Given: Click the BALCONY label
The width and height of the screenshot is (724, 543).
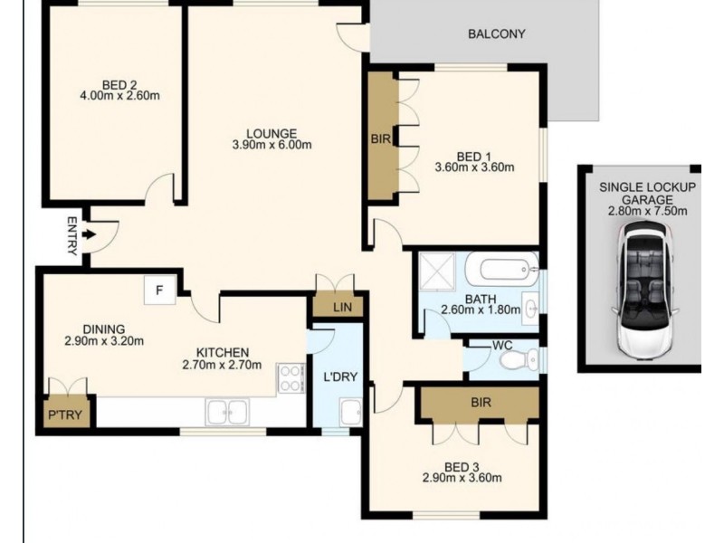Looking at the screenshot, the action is coord(496,34).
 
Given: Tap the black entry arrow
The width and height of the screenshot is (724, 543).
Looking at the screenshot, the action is coord(89,234).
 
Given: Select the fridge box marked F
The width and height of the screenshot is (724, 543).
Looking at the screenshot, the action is coord(160,290).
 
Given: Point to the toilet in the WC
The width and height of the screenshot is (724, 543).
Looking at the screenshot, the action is coord(519,359).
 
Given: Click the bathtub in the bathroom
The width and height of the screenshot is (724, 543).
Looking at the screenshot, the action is coord(502,269).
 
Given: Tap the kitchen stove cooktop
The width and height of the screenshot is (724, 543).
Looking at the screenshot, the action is coord(291,378).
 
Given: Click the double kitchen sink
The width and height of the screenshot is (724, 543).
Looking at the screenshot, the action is coord(227,412).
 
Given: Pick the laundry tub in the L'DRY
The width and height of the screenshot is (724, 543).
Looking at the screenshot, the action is coord(351,413).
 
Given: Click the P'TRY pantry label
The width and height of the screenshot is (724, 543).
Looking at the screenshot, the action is coord(65,414).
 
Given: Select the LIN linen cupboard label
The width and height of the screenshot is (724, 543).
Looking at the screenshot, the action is coord(342,307).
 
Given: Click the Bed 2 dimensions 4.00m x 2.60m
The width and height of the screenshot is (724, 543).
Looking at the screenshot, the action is coord(120,96).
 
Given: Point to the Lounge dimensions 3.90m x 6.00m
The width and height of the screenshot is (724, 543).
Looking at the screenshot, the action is coord(272,145).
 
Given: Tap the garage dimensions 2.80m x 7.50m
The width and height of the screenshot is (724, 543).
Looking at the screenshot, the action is coord(647,212).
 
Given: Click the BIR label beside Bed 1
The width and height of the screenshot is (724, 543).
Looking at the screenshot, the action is coord(381,138).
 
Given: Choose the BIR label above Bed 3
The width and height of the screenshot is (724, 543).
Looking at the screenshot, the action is coord(481,403).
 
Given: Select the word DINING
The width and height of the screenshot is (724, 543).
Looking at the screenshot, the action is coord(104,329).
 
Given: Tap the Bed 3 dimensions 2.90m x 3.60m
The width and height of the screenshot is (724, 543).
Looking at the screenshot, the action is coord(462,478).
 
